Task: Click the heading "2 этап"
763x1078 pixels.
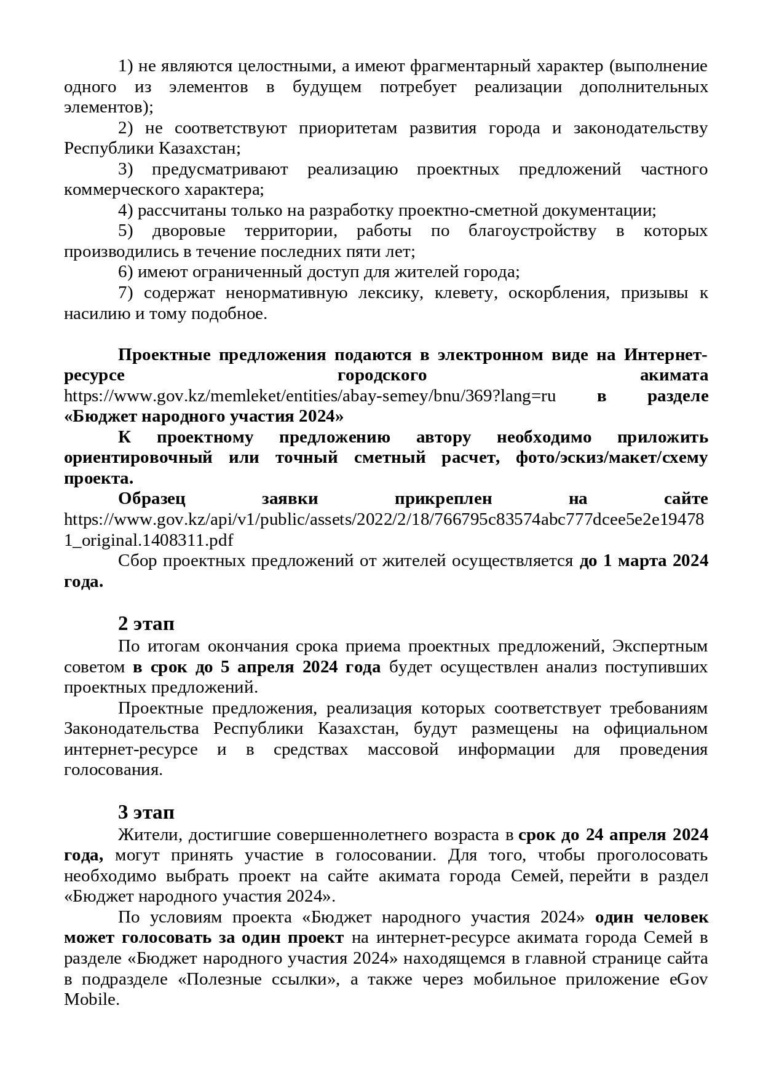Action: pyautogui.click(x=146, y=623)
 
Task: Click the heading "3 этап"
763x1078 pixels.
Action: pyautogui.click(x=146, y=812)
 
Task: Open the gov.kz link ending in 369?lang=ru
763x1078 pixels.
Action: pyautogui.click(x=310, y=396)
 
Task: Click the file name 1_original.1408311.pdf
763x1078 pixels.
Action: pyautogui.click(x=148, y=540)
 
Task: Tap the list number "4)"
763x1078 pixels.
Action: pyautogui.click(x=125, y=210)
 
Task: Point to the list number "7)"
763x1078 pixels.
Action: pyautogui.click(x=125, y=293)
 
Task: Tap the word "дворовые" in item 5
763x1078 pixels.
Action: pyautogui.click(x=188, y=230)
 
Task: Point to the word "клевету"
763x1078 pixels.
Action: pyautogui.click(x=464, y=293)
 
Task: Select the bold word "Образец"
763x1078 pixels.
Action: pyautogui.click(x=151, y=498)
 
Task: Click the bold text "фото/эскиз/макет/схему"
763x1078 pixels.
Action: pyautogui.click(x=611, y=457)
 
